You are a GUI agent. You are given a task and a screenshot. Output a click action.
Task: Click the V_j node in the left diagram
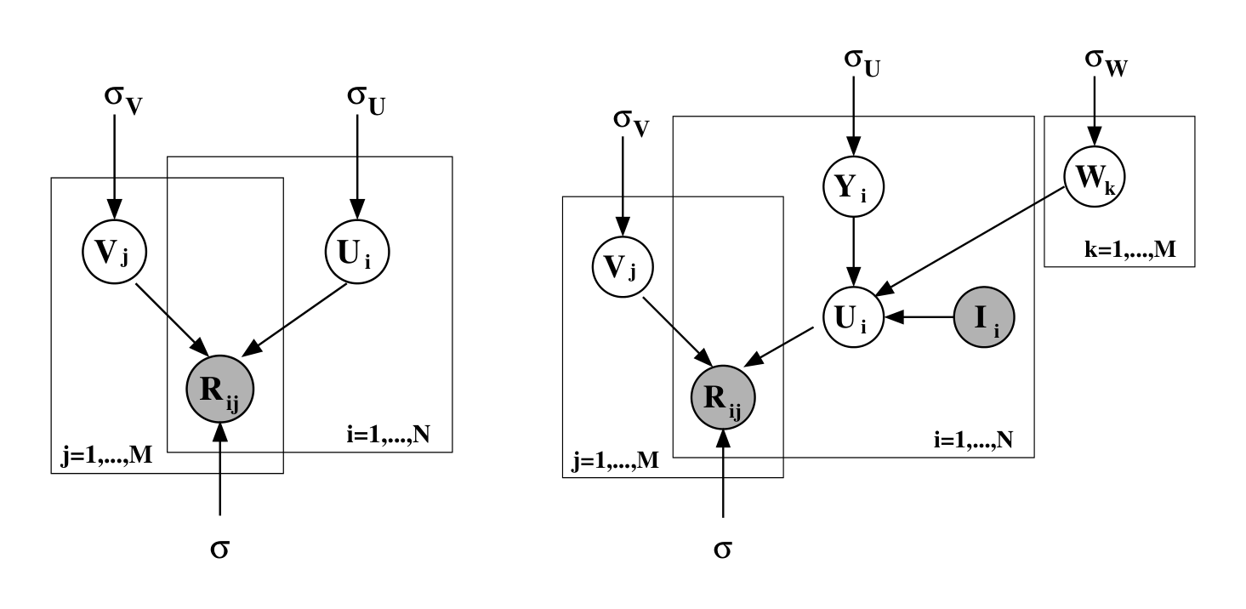click(x=114, y=249)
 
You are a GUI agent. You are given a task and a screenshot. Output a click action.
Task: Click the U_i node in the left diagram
click(x=358, y=249)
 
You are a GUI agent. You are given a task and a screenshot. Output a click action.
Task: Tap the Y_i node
click(x=854, y=185)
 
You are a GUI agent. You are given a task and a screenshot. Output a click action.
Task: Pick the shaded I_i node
click(x=985, y=319)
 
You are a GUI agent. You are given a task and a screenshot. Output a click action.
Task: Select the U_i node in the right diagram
click(x=854, y=319)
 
